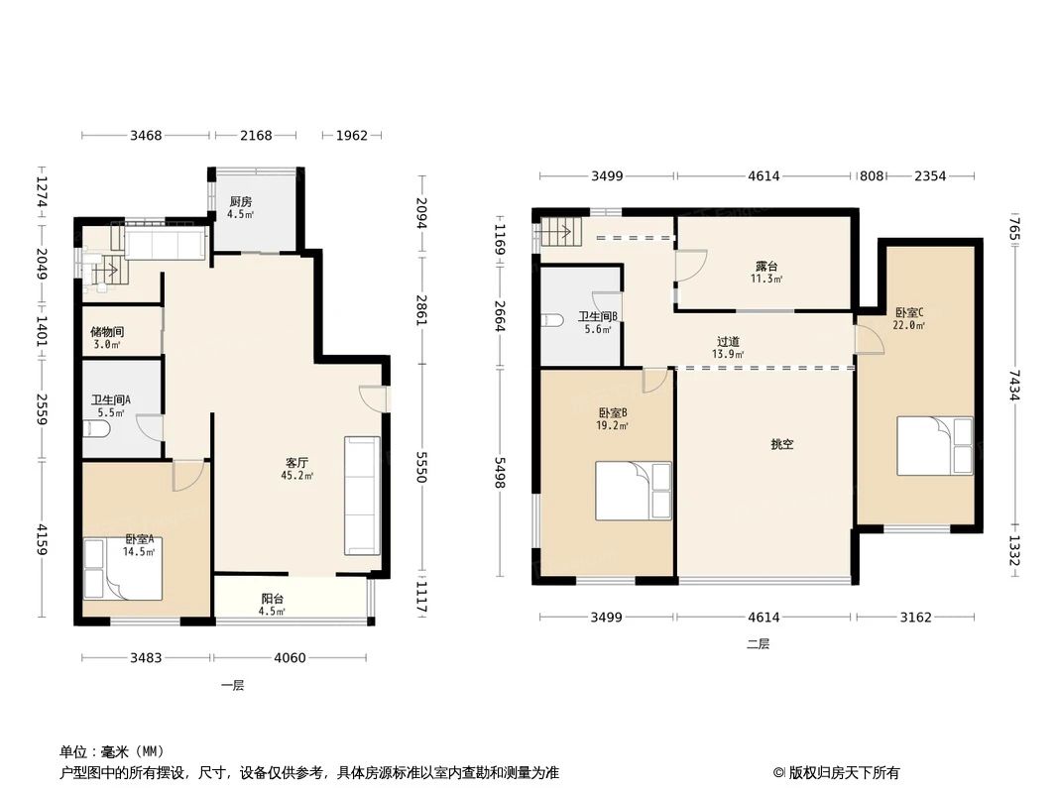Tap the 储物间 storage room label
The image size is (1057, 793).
coord(105,332)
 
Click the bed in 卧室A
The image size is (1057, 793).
coord(123,568)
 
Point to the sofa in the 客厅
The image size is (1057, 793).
coord(361,495)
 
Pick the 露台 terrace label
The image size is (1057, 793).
coord(765,266)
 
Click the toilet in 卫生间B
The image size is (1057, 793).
coord(555,320)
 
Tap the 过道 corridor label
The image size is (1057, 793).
coord(727,342)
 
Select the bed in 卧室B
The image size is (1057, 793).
coord(634,490)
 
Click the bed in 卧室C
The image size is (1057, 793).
coord(934,445)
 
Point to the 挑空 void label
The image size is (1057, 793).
coord(782,445)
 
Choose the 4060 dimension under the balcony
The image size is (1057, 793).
coord(289,657)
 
